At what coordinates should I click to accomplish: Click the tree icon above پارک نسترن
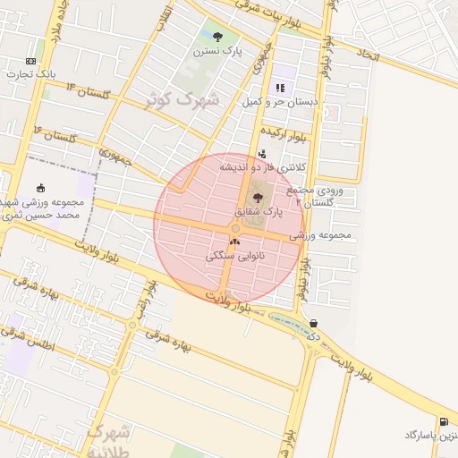(x=218, y=37)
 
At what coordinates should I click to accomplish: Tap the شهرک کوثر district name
(x=185, y=100)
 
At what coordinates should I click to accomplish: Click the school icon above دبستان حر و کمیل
(x=281, y=88)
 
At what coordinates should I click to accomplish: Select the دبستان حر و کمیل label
(x=279, y=102)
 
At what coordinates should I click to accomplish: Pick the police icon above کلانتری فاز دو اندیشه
(x=261, y=153)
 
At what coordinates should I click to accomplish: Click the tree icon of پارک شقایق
(x=259, y=198)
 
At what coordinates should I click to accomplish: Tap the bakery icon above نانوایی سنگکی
(x=235, y=241)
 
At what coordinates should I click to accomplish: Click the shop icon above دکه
(x=313, y=324)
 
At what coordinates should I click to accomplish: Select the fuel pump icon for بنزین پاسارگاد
(x=444, y=421)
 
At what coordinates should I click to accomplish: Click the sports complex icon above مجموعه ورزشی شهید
(x=41, y=188)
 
